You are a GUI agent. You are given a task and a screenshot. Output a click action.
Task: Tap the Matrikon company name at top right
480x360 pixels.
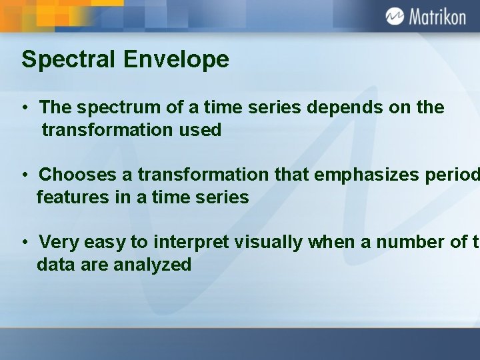(x=437, y=17)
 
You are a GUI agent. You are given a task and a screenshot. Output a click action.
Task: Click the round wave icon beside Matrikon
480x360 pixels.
(x=395, y=16)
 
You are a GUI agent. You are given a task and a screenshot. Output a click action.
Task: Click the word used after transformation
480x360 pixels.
(x=199, y=130)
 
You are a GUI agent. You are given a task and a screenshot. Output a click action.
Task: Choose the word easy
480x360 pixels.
(x=102, y=242)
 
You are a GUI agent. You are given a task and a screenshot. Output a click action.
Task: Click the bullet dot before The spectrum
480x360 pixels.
(x=24, y=109)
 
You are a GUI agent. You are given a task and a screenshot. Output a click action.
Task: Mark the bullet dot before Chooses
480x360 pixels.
(x=24, y=175)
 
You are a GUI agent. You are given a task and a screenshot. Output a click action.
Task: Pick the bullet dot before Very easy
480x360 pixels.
(x=24, y=243)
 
